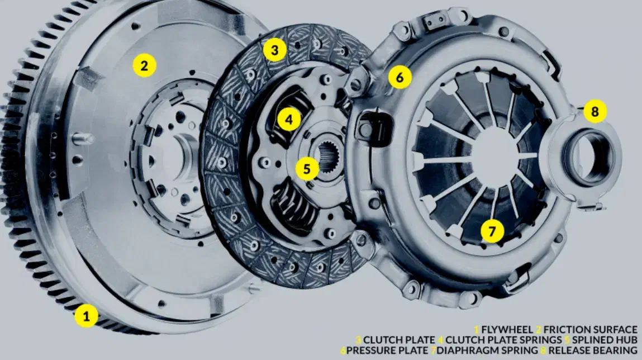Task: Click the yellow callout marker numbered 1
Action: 86,316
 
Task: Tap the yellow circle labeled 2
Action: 144,65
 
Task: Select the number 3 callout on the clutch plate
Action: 275,50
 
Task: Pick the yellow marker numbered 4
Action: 289,120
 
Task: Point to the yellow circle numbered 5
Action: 307,168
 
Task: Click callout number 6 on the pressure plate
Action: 400,77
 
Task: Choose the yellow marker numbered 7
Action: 492,231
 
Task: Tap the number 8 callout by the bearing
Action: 595,111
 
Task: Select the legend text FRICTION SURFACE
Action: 591,330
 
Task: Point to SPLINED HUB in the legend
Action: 605,340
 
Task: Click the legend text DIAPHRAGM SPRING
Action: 487,350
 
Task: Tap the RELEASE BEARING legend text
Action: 593,350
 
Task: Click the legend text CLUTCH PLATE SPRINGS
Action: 503,340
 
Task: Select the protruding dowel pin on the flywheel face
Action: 82,139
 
